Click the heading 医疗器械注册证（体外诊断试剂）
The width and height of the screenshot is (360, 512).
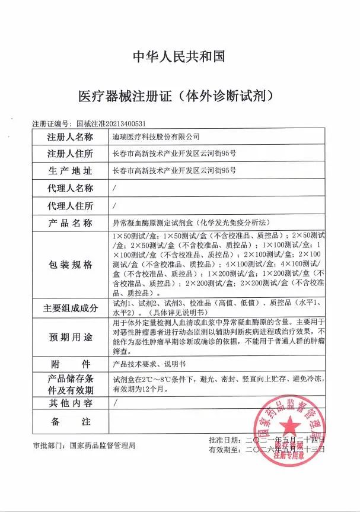179,95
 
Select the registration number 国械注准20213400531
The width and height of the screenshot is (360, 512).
111,123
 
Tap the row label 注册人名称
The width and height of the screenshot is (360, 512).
71,137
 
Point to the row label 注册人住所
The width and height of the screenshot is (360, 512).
71,154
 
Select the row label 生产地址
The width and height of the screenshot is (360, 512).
71,171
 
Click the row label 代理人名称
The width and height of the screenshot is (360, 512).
71,189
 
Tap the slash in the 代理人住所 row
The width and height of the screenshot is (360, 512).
114,206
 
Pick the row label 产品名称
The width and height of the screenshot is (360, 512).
71,223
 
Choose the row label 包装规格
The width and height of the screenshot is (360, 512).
71,265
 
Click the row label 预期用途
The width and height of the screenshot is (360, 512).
71,337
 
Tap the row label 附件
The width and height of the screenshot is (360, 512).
71,364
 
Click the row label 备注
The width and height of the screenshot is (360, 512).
71,422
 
